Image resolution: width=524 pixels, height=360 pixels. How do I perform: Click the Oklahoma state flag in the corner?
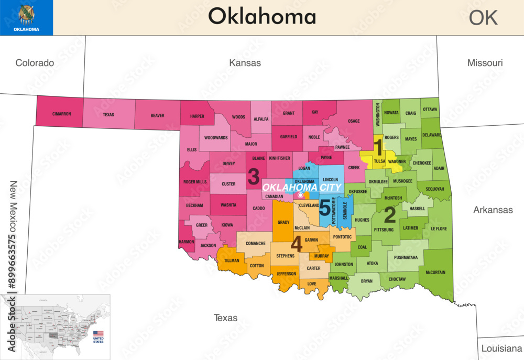(26, 18)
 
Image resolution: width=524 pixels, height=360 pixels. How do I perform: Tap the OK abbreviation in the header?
(483, 17)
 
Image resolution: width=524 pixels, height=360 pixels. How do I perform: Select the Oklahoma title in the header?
(262, 16)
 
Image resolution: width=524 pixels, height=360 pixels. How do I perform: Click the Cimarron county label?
(61, 114)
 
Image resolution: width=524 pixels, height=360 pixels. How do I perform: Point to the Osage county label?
(354, 121)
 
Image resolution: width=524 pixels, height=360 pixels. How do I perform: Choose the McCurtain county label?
(435, 271)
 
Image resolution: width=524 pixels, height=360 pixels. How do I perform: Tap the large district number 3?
(254, 174)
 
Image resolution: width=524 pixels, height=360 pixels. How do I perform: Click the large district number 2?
(390, 214)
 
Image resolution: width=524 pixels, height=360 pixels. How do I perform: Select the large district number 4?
(297, 244)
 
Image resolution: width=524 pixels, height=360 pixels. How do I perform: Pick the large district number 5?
(325, 208)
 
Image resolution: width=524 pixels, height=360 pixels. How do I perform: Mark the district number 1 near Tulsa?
(378, 146)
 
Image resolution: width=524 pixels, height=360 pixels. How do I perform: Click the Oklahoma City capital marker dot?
(300, 195)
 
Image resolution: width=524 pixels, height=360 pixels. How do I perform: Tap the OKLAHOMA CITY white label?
(301, 187)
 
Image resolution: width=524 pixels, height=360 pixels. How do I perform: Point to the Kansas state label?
(245, 63)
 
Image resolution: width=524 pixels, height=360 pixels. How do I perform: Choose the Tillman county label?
(232, 260)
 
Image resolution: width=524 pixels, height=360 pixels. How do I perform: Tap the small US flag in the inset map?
(98, 333)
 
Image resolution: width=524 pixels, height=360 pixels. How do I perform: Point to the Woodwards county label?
(216, 138)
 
